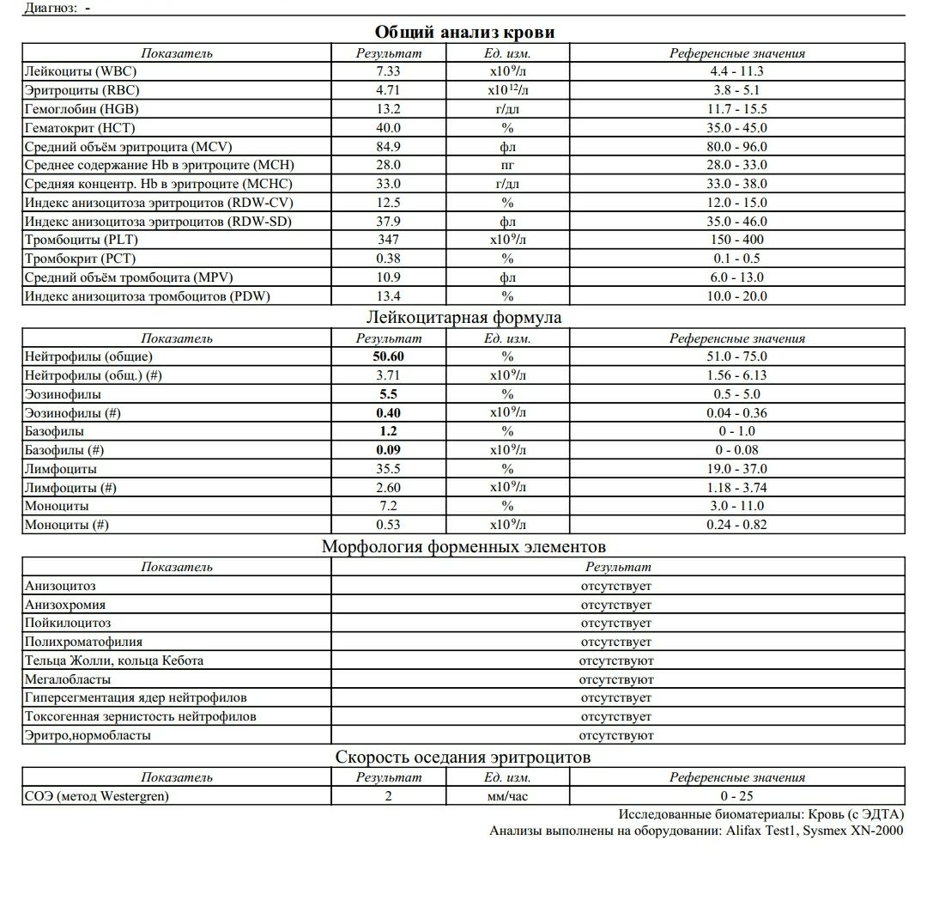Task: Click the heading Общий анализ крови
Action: click(464, 33)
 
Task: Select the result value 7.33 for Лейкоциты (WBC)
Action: click(388, 71)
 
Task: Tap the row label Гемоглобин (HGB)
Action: click(82, 109)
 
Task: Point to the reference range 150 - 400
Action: click(736, 240)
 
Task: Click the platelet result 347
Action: click(388, 240)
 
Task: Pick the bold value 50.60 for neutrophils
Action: click(388, 356)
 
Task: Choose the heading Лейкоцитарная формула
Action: click(464, 318)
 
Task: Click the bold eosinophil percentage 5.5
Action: click(388, 394)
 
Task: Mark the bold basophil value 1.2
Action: click(388, 431)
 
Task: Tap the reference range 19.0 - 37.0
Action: click(736, 469)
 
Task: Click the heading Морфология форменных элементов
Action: click(463, 547)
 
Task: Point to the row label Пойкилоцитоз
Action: click(68, 623)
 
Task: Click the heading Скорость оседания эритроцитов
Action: click(463, 758)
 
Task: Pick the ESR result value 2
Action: click(388, 796)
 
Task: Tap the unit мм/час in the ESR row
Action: click(507, 796)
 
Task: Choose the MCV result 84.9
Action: click(388, 147)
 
